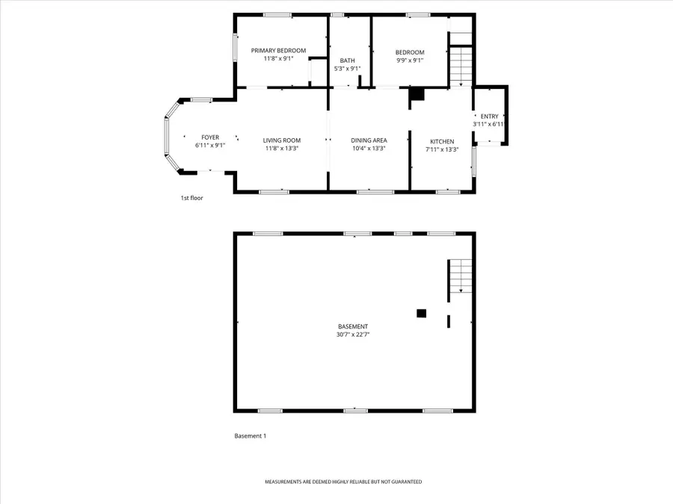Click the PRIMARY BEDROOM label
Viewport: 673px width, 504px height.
pos(278,50)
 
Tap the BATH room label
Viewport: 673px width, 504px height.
pos(347,60)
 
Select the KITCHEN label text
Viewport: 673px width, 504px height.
pos(441,141)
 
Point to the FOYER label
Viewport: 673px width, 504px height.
pos(210,137)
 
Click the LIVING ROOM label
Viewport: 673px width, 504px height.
pos(281,140)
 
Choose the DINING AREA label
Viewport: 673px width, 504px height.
pos(369,140)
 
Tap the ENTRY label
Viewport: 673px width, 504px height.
pos(489,116)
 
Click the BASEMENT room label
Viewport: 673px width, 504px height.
pos(353,326)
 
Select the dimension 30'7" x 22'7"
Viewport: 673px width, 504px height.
pos(353,335)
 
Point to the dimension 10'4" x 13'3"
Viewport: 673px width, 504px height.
pos(369,149)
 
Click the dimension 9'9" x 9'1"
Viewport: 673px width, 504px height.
pos(410,60)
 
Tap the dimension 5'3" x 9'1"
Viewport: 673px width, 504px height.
pos(347,69)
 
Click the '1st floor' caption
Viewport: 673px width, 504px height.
pos(191,198)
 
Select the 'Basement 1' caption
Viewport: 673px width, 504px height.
pos(250,436)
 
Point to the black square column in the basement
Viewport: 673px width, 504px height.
pos(421,314)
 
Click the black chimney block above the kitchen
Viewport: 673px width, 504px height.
pos(417,95)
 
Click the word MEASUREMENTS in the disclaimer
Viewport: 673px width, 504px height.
pos(286,482)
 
